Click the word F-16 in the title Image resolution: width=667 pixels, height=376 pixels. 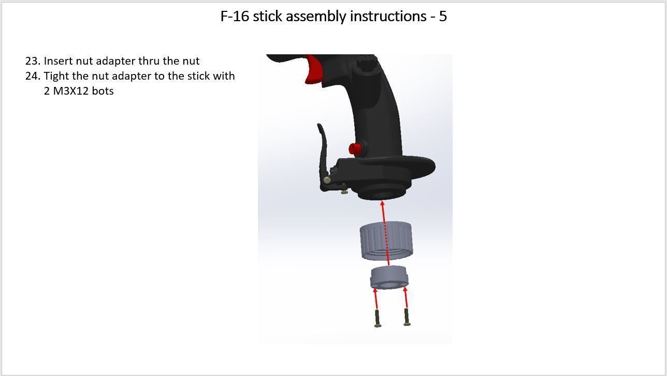pyautogui.click(x=235, y=17)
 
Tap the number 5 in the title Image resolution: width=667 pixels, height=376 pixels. pyautogui.click(x=443, y=17)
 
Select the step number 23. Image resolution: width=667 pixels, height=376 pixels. pyautogui.click(x=32, y=61)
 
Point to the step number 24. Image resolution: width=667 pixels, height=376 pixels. pyautogui.click(x=32, y=76)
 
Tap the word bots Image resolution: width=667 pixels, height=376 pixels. pyautogui.click(x=103, y=91)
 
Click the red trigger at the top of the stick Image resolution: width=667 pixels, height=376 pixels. pyautogui.click(x=312, y=70)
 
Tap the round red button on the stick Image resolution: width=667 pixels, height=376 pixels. pyautogui.click(x=355, y=149)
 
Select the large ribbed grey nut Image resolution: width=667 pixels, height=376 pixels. pyautogui.click(x=386, y=240)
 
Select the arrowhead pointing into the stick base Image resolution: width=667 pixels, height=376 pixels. pyautogui.click(x=382, y=204)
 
